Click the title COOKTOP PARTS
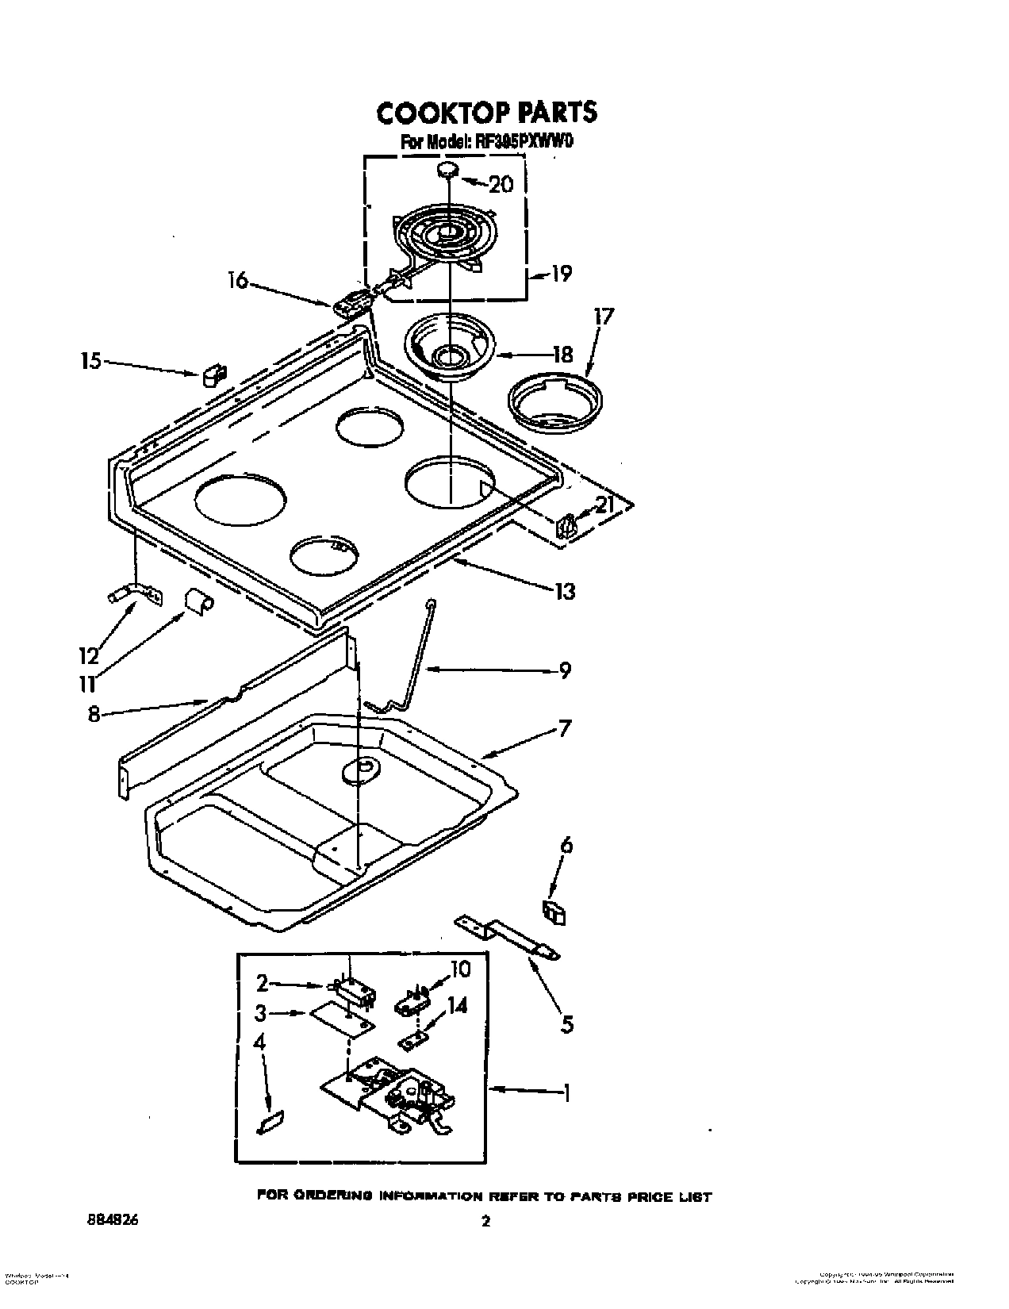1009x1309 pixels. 485,113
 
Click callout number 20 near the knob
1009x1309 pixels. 501,185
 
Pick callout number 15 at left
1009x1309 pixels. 91,362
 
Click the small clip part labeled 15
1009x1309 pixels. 212,374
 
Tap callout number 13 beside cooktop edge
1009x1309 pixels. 564,591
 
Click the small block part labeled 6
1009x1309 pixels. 555,912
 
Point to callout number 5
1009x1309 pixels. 566,1024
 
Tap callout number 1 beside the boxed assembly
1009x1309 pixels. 566,1093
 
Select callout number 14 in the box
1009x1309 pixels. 457,1007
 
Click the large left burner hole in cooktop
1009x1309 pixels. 242,502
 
